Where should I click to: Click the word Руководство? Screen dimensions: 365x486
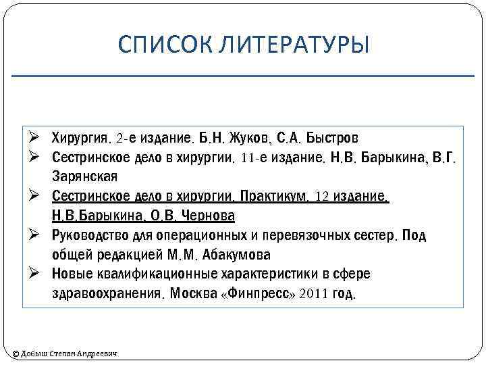tap(90, 235)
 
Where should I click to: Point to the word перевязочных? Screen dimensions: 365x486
tap(315, 235)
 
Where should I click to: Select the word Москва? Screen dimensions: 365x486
tap(192, 294)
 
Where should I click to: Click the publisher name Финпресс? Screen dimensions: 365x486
tap(259, 294)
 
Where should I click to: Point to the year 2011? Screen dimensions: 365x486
tap(314, 294)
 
